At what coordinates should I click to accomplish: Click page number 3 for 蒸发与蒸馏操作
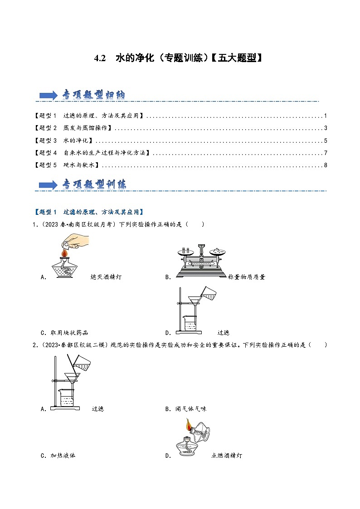coord(326,128)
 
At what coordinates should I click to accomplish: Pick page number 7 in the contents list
coord(326,153)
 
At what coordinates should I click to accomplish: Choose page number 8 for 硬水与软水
coord(326,165)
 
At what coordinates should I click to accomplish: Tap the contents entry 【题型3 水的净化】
coord(63,141)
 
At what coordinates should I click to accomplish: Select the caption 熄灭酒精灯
coord(106,277)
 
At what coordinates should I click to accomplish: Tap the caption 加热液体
coord(63,456)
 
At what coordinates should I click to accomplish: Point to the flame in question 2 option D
coord(188,425)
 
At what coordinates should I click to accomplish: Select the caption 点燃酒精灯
coord(227,456)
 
